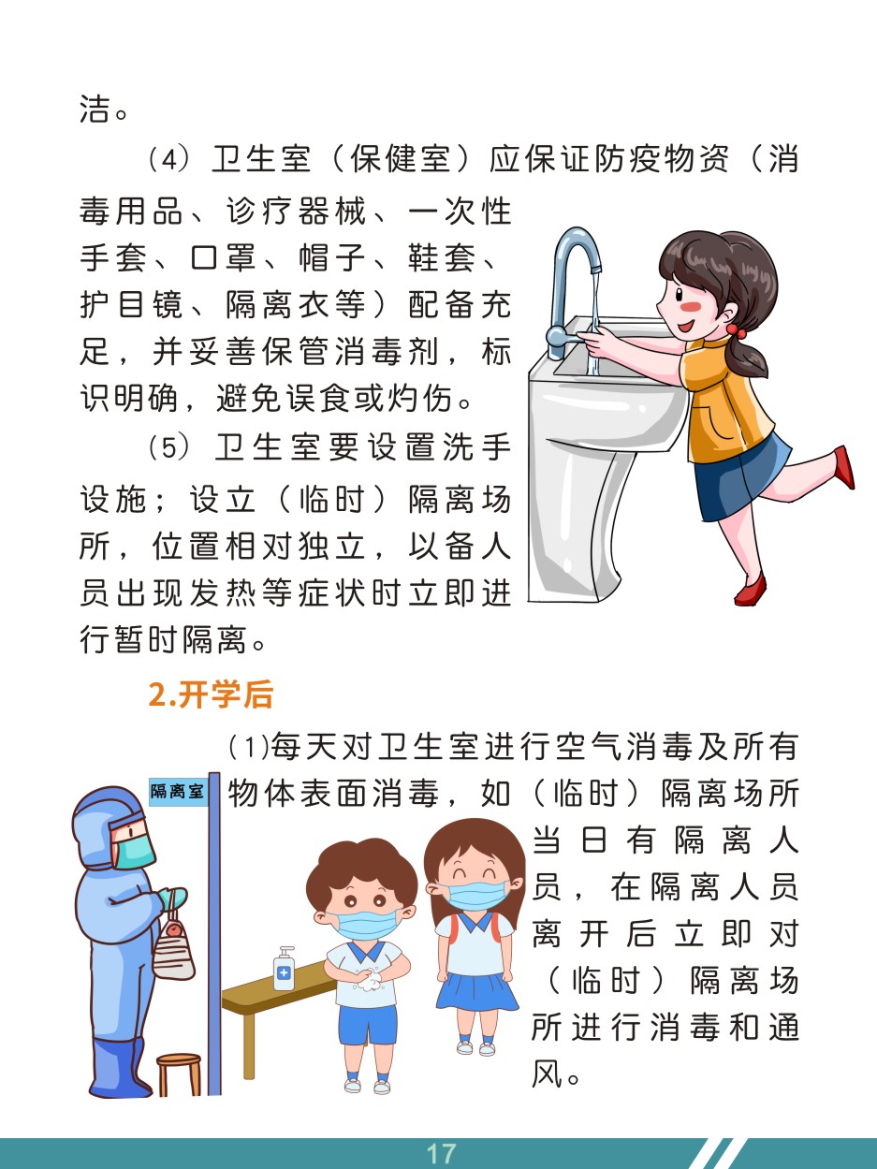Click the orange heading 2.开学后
point(211,695)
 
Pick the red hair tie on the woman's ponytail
point(736,330)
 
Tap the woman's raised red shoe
point(845,466)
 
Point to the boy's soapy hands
point(370,979)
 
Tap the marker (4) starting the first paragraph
point(168,159)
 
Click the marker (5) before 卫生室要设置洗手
point(168,447)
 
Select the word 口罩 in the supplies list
point(224,257)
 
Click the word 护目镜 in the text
point(132,304)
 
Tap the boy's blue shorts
point(368,1023)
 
